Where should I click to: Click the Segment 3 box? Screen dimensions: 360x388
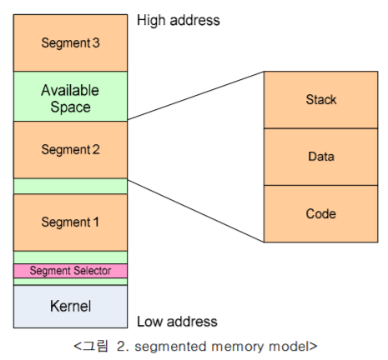(x=70, y=42)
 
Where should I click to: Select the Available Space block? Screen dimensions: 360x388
(x=70, y=97)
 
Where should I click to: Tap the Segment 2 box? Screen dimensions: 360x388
(x=70, y=149)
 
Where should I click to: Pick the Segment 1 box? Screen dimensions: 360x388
(x=70, y=222)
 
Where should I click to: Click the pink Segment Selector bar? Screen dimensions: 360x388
(x=70, y=271)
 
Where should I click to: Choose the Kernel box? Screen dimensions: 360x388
(x=70, y=306)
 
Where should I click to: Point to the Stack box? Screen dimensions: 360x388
(x=320, y=100)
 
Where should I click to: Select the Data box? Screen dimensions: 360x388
(x=320, y=157)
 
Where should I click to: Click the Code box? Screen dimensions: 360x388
(x=320, y=213)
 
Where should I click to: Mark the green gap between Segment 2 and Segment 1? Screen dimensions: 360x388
(x=70, y=186)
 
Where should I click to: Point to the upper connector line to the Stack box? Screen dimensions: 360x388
(x=195, y=96)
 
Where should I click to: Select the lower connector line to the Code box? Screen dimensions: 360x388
(x=195, y=210)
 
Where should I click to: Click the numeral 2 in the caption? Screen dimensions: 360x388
(x=126, y=345)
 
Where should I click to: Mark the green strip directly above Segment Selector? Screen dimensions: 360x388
(x=70, y=257)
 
